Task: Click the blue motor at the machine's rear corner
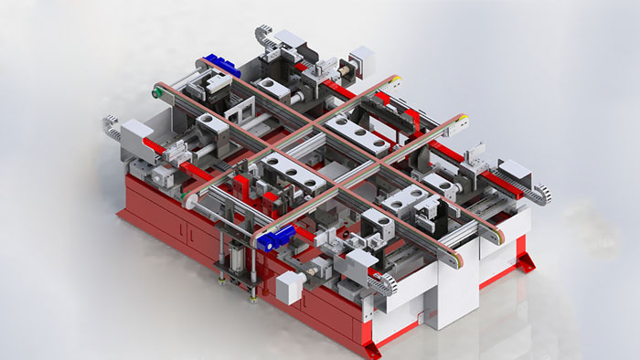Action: point(220,65)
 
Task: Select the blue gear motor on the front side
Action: point(273,240)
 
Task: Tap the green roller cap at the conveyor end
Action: point(156,91)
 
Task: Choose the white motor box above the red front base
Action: point(289,287)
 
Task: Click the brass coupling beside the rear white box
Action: point(348,69)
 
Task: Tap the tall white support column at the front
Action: point(457,292)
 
